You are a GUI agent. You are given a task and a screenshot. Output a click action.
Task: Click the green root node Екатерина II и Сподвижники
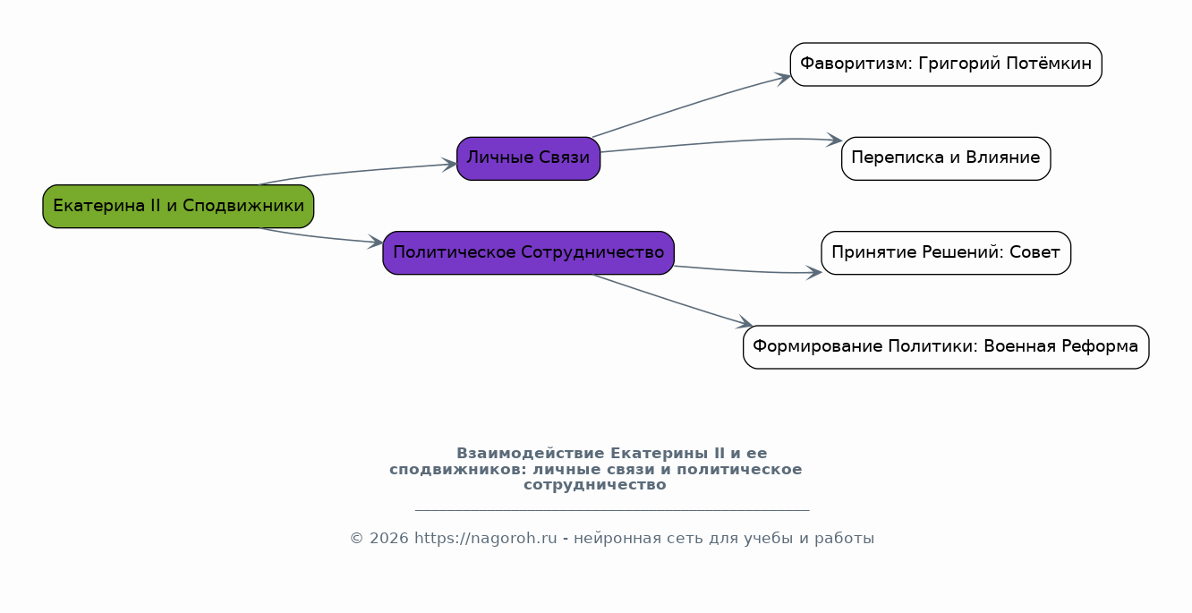pos(178,206)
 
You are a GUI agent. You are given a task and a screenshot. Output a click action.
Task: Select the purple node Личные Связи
pos(528,158)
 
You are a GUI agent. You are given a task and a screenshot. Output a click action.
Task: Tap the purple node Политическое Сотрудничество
pos(528,252)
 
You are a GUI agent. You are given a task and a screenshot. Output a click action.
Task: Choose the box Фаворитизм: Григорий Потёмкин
pos(945,64)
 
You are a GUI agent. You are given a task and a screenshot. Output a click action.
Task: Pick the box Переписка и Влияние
pos(945,158)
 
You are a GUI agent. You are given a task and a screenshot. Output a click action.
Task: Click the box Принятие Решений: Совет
pos(945,252)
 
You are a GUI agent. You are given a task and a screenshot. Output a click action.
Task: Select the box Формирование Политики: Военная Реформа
pos(945,347)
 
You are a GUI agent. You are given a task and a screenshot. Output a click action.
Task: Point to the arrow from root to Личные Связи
pos(358,172)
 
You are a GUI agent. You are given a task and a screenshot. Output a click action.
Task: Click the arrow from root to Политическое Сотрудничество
pos(322,237)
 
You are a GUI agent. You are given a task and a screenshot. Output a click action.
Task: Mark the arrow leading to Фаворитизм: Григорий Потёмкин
pos(689,104)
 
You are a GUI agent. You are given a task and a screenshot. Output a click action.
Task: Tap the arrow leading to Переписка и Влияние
pos(716,143)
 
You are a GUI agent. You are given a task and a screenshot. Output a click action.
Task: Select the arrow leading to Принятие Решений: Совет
pos(743,270)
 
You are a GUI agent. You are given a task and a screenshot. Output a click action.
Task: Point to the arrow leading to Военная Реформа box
pos(671,300)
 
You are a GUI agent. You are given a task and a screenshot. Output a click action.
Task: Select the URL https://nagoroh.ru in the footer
pos(485,539)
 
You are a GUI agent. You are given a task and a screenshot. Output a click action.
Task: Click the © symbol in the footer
pos(355,539)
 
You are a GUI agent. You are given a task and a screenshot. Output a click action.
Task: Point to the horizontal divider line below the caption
pos(612,510)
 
